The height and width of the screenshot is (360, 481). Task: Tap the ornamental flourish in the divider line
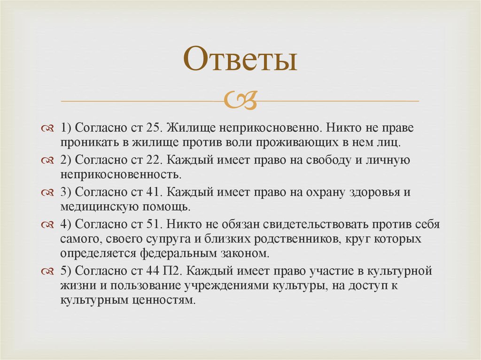(x=240, y=100)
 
